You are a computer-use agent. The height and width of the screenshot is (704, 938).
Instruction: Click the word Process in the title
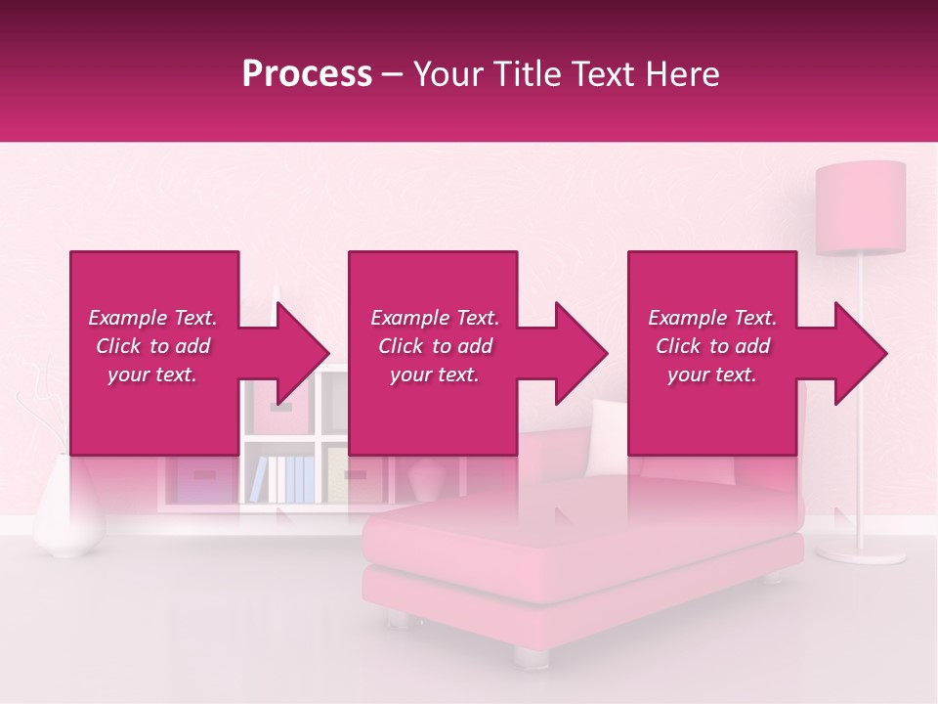(307, 73)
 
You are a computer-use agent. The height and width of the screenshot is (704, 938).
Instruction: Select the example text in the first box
(153, 346)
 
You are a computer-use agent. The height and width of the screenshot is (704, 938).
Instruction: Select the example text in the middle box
(435, 346)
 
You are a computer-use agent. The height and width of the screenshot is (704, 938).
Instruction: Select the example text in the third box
(713, 346)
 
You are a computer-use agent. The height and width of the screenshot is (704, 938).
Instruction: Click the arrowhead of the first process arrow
(303, 353)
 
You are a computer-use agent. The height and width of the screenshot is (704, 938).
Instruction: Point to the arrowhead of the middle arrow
(581, 353)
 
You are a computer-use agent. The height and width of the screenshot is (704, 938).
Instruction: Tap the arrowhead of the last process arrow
(861, 353)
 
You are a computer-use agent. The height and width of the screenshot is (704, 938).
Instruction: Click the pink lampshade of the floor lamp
(861, 207)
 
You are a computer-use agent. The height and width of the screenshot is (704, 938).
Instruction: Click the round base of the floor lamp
(860, 553)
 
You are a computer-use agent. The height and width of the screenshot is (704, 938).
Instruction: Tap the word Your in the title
(447, 73)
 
